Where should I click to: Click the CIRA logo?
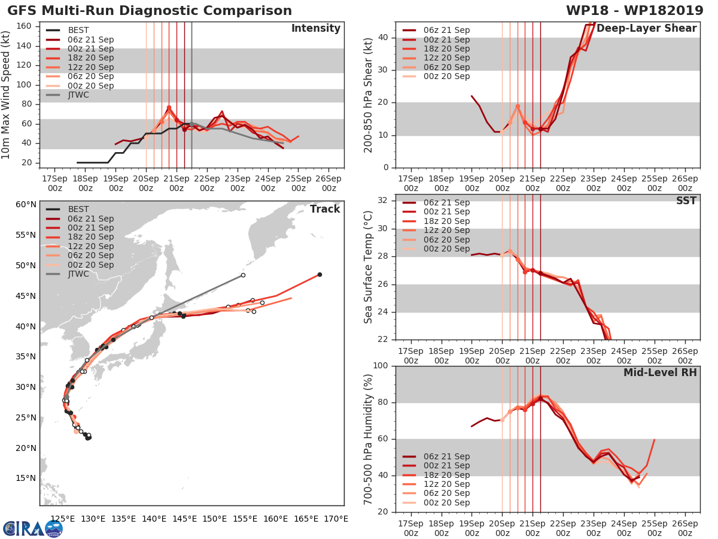click(33, 528)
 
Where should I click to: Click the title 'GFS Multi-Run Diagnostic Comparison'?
click(150, 11)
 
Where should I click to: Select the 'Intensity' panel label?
click(315, 29)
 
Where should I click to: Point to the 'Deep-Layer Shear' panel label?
click(646, 29)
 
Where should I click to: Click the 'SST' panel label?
click(686, 201)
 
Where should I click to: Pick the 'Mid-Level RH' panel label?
click(660, 373)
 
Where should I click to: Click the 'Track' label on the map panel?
click(324, 209)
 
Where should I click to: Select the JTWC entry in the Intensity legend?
click(80, 95)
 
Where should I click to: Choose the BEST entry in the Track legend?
click(78, 209)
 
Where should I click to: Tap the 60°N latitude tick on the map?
click(26, 205)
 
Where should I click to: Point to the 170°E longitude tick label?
click(335, 519)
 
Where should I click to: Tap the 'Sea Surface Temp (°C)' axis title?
click(369, 267)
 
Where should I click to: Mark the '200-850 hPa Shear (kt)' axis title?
click(369, 95)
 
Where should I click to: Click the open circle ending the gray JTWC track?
click(243, 275)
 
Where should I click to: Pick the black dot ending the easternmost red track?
click(320, 274)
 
